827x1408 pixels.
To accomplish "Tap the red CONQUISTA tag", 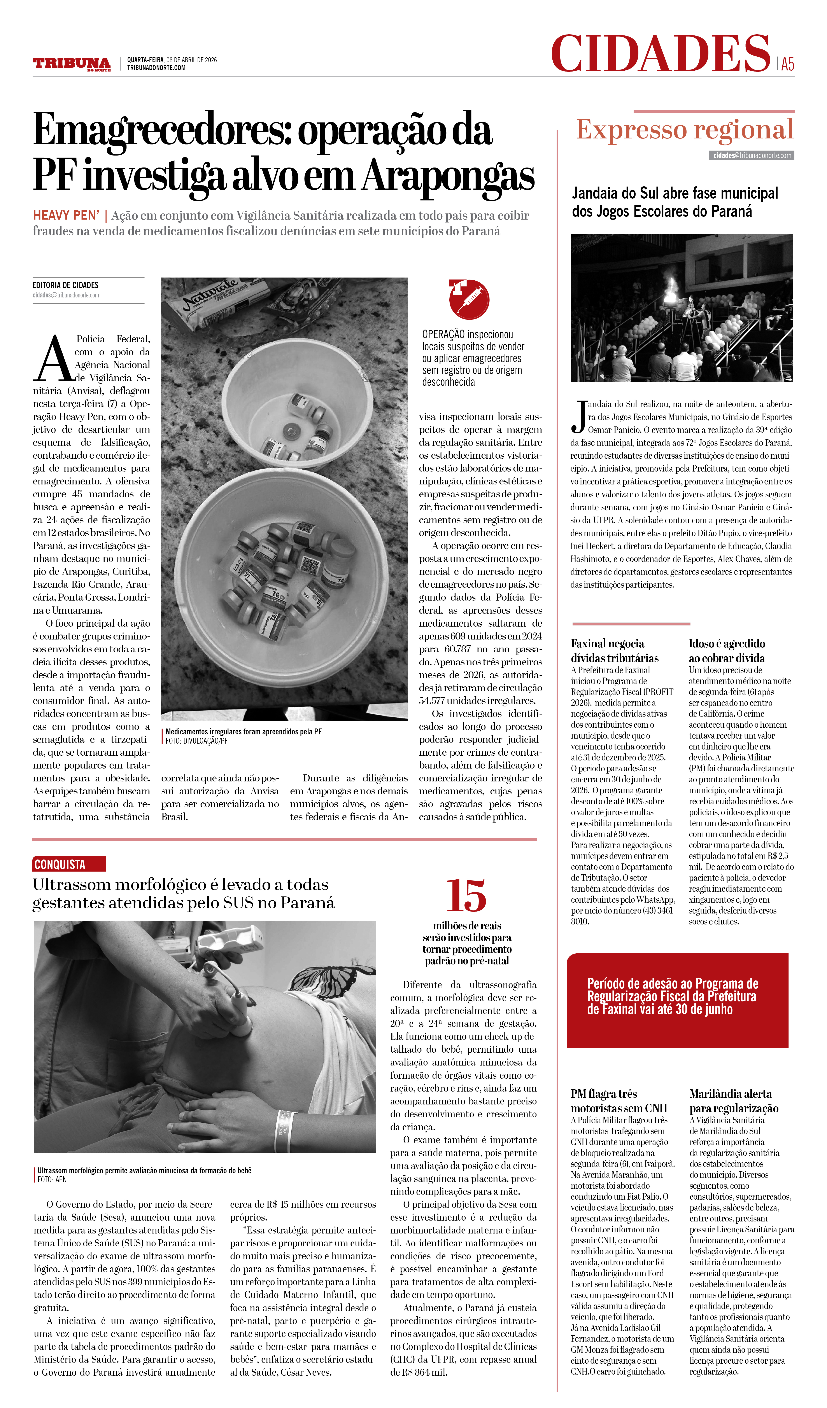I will click(69, 864).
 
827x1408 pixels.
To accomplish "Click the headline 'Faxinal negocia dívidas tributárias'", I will click(615, 650).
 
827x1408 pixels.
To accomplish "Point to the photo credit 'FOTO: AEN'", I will click(52, 1179).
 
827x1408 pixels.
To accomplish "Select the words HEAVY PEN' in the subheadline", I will click(66, 216).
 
